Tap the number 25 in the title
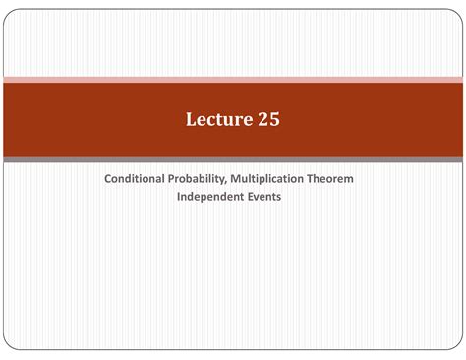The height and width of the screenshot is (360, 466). pos(266,121)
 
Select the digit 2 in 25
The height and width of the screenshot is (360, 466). pos(261,121)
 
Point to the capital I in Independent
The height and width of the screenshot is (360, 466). pos(179,196)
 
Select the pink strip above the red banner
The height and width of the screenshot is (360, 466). pos(233,79)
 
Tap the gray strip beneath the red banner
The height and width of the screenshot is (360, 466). pos(233,158)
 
